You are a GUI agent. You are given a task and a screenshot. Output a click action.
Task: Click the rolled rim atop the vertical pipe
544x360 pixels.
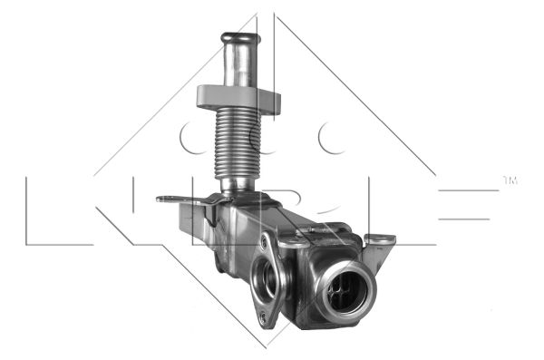pyautogui.click(x=241, y=37)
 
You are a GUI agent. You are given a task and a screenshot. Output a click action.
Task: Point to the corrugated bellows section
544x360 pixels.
pyautogui.click(x=238, y=143)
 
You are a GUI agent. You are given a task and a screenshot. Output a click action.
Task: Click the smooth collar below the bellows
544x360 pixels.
pyautogui.click(x=238, y=186)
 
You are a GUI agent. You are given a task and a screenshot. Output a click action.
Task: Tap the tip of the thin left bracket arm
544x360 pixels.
pyautogui.click(x=158, y=199)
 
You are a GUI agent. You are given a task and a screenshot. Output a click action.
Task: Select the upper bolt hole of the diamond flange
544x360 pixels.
pyautogui.click(x=266, y=238)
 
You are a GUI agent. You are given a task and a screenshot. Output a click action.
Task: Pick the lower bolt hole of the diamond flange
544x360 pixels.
pyautogui.click(x=263, y=316)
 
